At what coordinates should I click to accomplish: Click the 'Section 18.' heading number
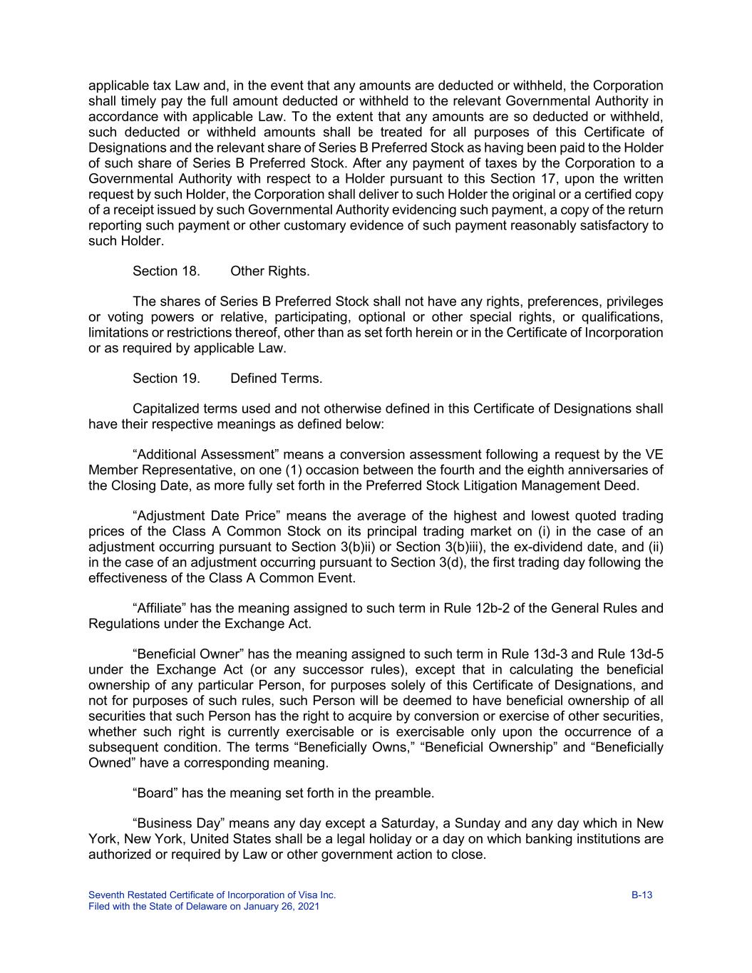166,272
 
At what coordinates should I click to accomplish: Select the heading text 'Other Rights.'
269,272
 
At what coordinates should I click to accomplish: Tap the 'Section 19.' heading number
166,379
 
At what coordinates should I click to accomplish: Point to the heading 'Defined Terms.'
276,379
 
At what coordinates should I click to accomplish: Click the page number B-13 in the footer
642,895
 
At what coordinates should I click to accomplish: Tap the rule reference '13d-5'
647,654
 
